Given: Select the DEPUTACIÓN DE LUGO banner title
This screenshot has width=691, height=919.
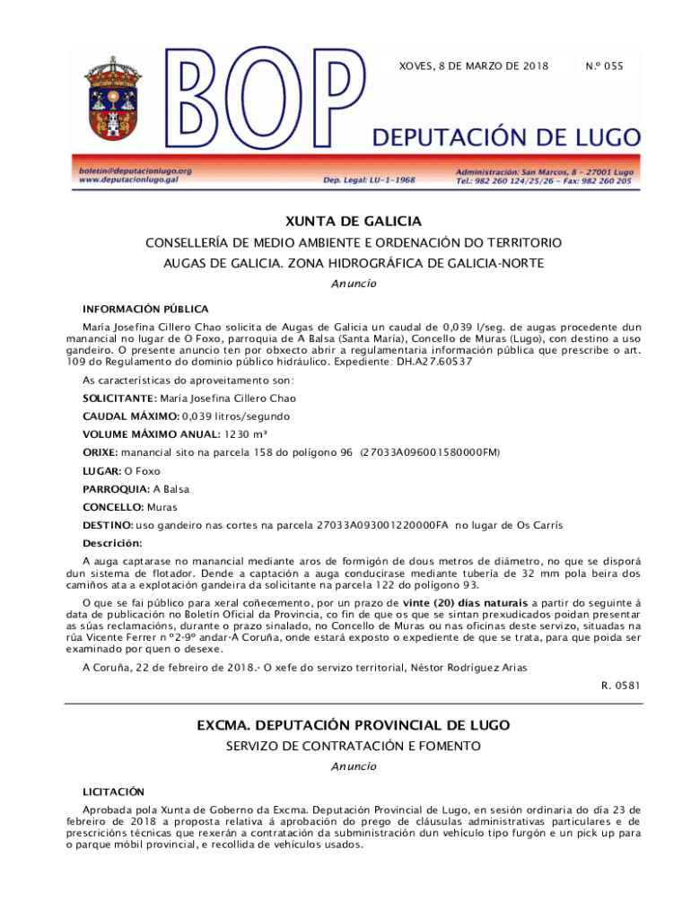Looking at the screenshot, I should pos(507,137).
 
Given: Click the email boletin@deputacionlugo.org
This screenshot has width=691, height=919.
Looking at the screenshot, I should pos(135,170).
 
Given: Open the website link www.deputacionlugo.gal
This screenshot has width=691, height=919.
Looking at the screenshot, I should pos(128,179).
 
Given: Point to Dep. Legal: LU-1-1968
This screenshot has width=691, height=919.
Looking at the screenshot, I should pos(369,179).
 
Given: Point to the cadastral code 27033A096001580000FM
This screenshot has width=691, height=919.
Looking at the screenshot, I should pos(430,452).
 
